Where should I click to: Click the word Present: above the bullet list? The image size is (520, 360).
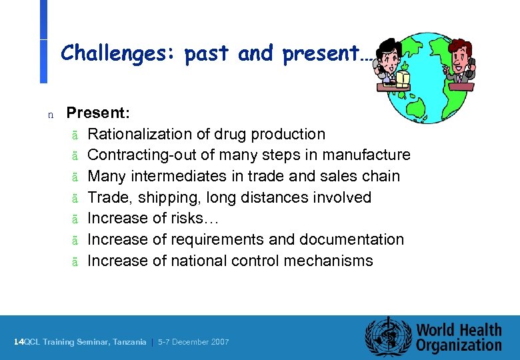pos(98,113)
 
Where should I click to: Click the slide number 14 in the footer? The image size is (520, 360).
pos(18,342)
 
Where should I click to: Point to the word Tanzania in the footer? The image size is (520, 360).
pos(129,342)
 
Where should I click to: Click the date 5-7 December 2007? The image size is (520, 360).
pos(193,342)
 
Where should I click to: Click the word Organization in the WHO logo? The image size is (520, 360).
pos(459,345)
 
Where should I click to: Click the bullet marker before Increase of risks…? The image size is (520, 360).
pos(75,219)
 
